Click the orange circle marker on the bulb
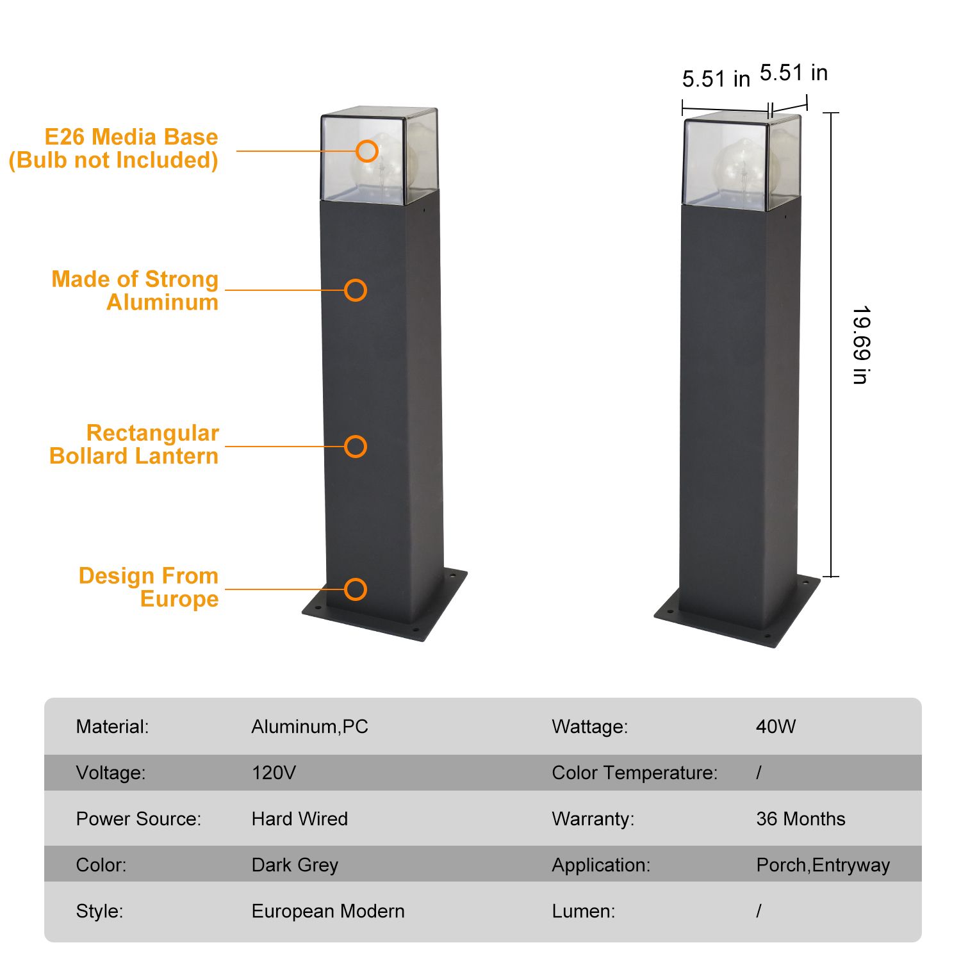click(367, 151)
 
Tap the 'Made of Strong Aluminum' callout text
click(135, 290)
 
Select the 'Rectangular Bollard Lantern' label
click(134, 445)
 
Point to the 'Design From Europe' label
click(149, 587)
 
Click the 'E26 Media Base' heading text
click(131, 137)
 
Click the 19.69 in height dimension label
click(861, 345)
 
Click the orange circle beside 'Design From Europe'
click(356, 589)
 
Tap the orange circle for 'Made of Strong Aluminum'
click(356, 290)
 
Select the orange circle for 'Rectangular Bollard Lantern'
click(356, 447)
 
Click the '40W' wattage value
click(775, 727)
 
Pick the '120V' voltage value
click(274, 773)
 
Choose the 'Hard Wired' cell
click(299, 819)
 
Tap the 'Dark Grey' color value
click(295, 865)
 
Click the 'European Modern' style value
click(328, 911)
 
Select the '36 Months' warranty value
click(800, 819)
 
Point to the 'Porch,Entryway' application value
click(823, 865)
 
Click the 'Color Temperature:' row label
click(634, 773)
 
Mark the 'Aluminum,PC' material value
click(309, 727)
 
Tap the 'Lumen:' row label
click(583, 911)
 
